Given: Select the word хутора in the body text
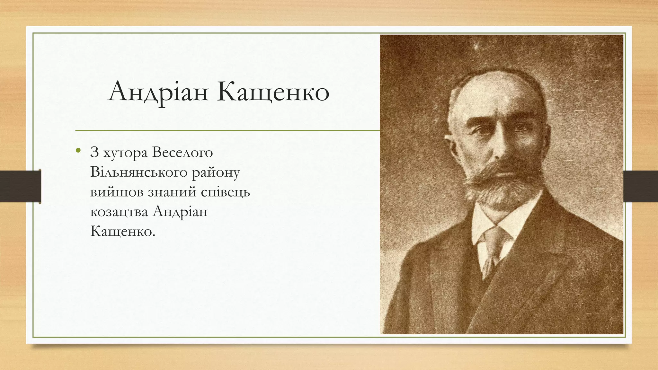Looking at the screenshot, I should [125, 153].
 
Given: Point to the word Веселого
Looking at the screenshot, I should [182, 152].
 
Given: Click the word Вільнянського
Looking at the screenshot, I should [139, 172].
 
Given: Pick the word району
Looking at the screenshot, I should [216, 173].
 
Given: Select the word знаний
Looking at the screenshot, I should [172, 192].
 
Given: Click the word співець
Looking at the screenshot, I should [225, 192].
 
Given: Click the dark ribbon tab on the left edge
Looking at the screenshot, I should [20, 186].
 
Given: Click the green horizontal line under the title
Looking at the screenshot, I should [225, 131].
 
